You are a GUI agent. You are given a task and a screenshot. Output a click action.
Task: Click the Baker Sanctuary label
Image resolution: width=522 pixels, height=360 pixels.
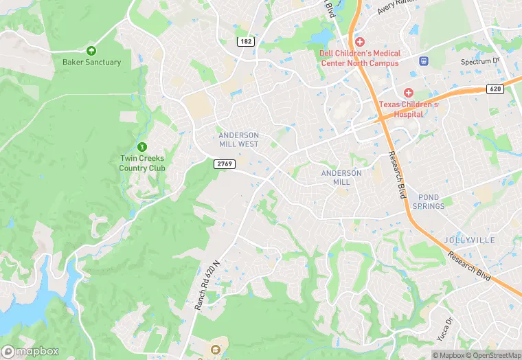91,62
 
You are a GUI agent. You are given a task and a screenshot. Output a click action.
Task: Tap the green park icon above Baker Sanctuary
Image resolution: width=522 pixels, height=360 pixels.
91,50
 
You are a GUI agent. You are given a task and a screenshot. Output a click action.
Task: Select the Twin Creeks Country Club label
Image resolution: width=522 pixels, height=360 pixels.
142,164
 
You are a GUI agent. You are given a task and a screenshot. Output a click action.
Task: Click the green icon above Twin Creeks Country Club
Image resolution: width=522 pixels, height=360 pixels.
142,147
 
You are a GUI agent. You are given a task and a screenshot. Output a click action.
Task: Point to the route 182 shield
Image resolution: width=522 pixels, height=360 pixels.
245,42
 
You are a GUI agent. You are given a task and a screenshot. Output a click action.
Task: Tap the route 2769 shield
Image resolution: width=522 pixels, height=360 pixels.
225,164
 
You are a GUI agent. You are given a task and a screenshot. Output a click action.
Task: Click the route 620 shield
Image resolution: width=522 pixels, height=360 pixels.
495,89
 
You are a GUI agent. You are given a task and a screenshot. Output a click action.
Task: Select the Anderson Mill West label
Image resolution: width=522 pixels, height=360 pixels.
239,139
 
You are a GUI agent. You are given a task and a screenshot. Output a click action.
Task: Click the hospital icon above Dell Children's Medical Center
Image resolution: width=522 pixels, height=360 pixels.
359,43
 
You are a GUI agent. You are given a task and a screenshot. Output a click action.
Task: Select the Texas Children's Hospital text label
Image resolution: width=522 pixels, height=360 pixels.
408,110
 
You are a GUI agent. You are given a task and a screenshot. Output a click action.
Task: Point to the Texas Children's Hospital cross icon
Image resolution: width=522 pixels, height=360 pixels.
408,93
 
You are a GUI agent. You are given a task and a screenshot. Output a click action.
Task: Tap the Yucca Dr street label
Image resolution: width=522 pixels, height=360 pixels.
450,328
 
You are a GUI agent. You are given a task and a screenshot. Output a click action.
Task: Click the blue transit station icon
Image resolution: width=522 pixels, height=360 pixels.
424,61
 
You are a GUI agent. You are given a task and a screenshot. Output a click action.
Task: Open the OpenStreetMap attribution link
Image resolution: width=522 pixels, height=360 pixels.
493,355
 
